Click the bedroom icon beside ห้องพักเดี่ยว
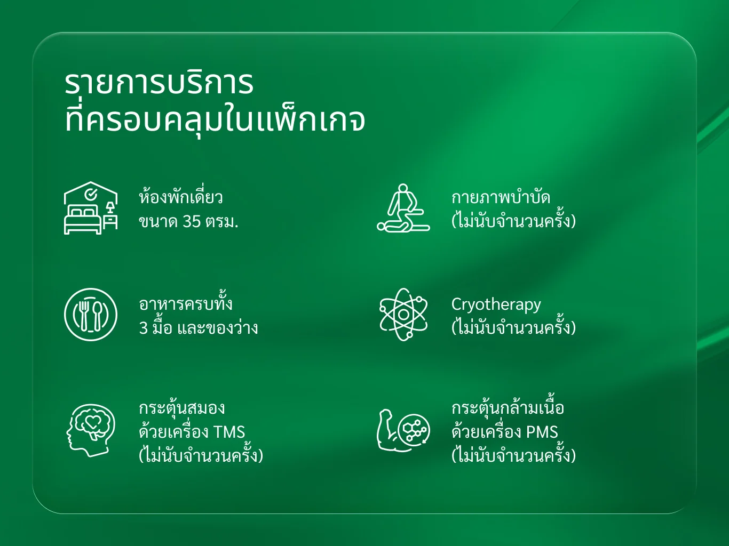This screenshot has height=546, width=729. click(x=91, y=208)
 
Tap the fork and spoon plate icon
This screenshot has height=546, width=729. click(x=91, y=315)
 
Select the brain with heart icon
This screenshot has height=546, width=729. click(x=91, y=430)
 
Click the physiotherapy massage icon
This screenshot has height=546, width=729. click(x=403, y=207)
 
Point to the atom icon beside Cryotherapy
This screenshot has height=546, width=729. click(x=403, y=315)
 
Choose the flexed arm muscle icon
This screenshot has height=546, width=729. click(x=403, y=430)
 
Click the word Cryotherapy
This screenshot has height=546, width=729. click(x=496, y=304)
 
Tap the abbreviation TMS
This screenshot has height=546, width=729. click(x=229, y=432)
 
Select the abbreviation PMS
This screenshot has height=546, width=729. click(x=542, y=432)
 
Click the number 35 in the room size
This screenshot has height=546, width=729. click(x=192, y=222)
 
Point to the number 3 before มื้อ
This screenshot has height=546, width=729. click(x=143, y=328)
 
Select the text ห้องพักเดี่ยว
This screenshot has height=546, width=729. click(x=181, y=196)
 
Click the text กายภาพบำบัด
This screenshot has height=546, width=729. click(x=501, y=197)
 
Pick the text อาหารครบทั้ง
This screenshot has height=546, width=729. click(x=186, y=302)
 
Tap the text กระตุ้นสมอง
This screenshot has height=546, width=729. click(x=181, y=408)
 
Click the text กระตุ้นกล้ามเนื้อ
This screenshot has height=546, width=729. click(x=508, y=407)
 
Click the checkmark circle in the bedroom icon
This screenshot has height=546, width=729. click(x=91, y=195)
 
